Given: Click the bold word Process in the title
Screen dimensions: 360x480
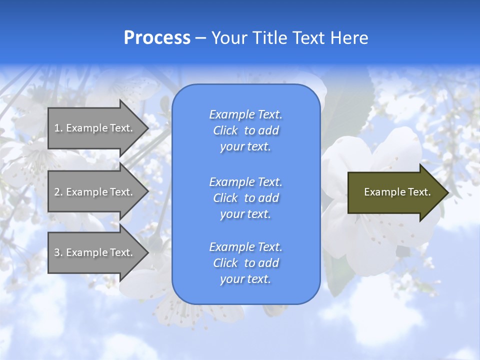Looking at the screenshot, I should (157, 38).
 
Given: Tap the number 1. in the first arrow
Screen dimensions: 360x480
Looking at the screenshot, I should (58, 128).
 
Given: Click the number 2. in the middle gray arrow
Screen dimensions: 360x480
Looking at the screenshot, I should (58, 192).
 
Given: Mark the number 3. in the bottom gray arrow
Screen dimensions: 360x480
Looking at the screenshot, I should (58, 252).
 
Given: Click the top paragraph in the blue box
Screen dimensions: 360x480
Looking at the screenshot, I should (245, 130).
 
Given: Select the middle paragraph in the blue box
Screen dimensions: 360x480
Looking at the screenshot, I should (245, 198).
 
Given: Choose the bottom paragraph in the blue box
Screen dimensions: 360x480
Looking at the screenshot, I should (245, 263).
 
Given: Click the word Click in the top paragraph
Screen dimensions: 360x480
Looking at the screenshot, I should (225, 130).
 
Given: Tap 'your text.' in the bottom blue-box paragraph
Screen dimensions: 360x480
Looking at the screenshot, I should (245, 279).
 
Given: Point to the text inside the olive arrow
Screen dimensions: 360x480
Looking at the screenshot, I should (397, 192).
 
